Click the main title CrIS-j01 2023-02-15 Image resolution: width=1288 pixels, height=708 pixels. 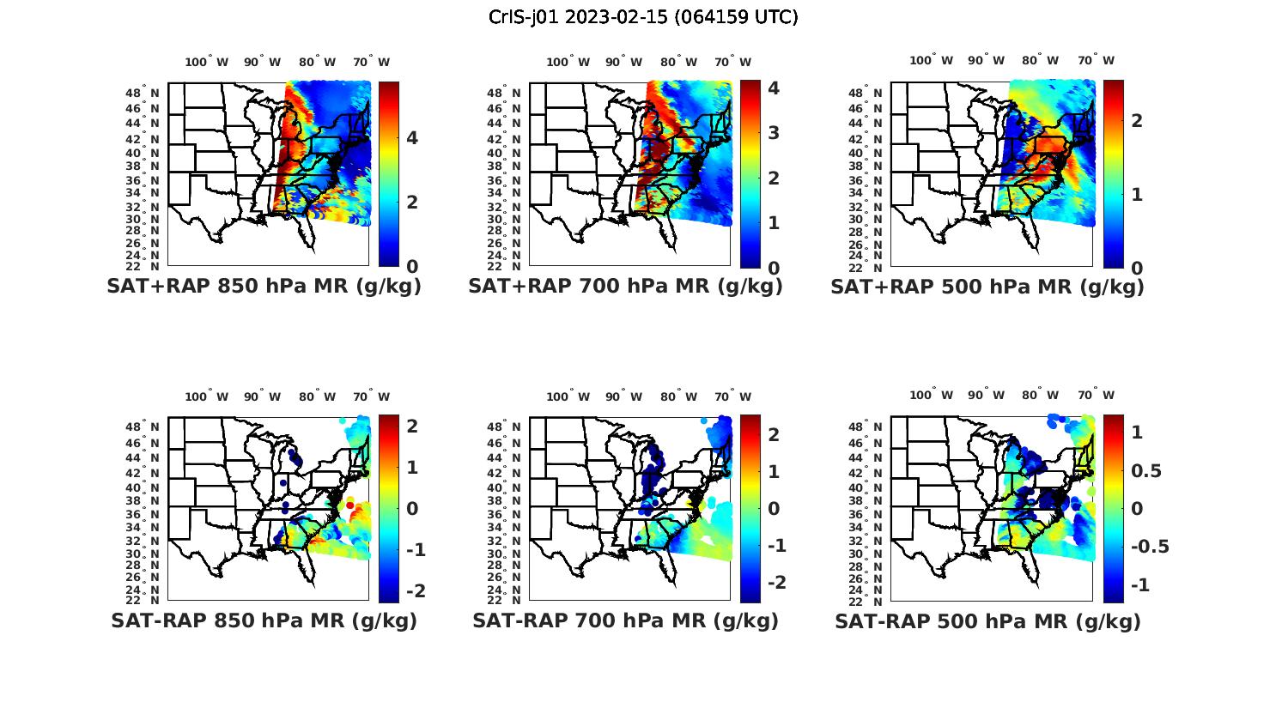[x=643, y=17]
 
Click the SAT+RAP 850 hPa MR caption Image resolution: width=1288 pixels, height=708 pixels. [x=264, y=287]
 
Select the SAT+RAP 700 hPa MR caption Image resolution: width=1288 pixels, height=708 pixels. [x=625, y=287]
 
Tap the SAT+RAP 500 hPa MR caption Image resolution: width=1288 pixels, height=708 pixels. [x=987, y=287]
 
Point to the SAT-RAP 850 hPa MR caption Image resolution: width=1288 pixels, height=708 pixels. [x=264, y=620]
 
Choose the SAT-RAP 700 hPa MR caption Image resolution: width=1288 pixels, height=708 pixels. [x=625, y=620]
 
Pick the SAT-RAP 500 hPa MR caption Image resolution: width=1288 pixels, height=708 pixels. [x=987, y=620]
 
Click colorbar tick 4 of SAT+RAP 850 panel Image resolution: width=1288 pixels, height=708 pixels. [x=412, y=137]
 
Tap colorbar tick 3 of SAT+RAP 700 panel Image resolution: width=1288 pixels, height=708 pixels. [x=774, y=132]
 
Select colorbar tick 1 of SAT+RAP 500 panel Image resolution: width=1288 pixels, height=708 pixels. [x=1137, y=194]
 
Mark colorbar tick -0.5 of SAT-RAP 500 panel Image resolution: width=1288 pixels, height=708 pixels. [x=1150, y=547]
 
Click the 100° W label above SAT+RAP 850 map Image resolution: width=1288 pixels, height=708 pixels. [x=207, y=62]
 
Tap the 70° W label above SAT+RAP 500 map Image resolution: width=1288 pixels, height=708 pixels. [x=1096, y=60]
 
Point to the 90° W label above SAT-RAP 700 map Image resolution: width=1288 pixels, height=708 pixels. [x=623, y=396]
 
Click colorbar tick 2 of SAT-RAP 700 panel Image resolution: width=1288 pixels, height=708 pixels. [x=774, y=434]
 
